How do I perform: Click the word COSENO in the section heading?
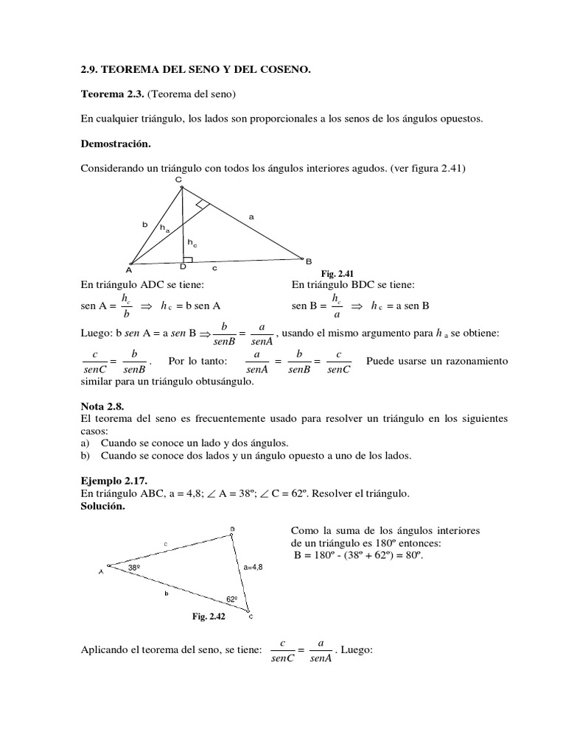click(285, 70)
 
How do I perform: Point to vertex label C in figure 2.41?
click(178, 180)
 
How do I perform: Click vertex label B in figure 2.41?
click(309, 261)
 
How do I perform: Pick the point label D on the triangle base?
click(184, 267)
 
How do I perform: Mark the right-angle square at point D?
click(189, 259)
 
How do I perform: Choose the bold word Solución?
click(104, 507)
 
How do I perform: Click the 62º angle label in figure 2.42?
click(232, 599)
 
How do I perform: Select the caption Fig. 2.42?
click(209, 617)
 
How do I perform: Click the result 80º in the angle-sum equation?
click(412, 555)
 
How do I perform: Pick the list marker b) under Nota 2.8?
click(85, 456)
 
